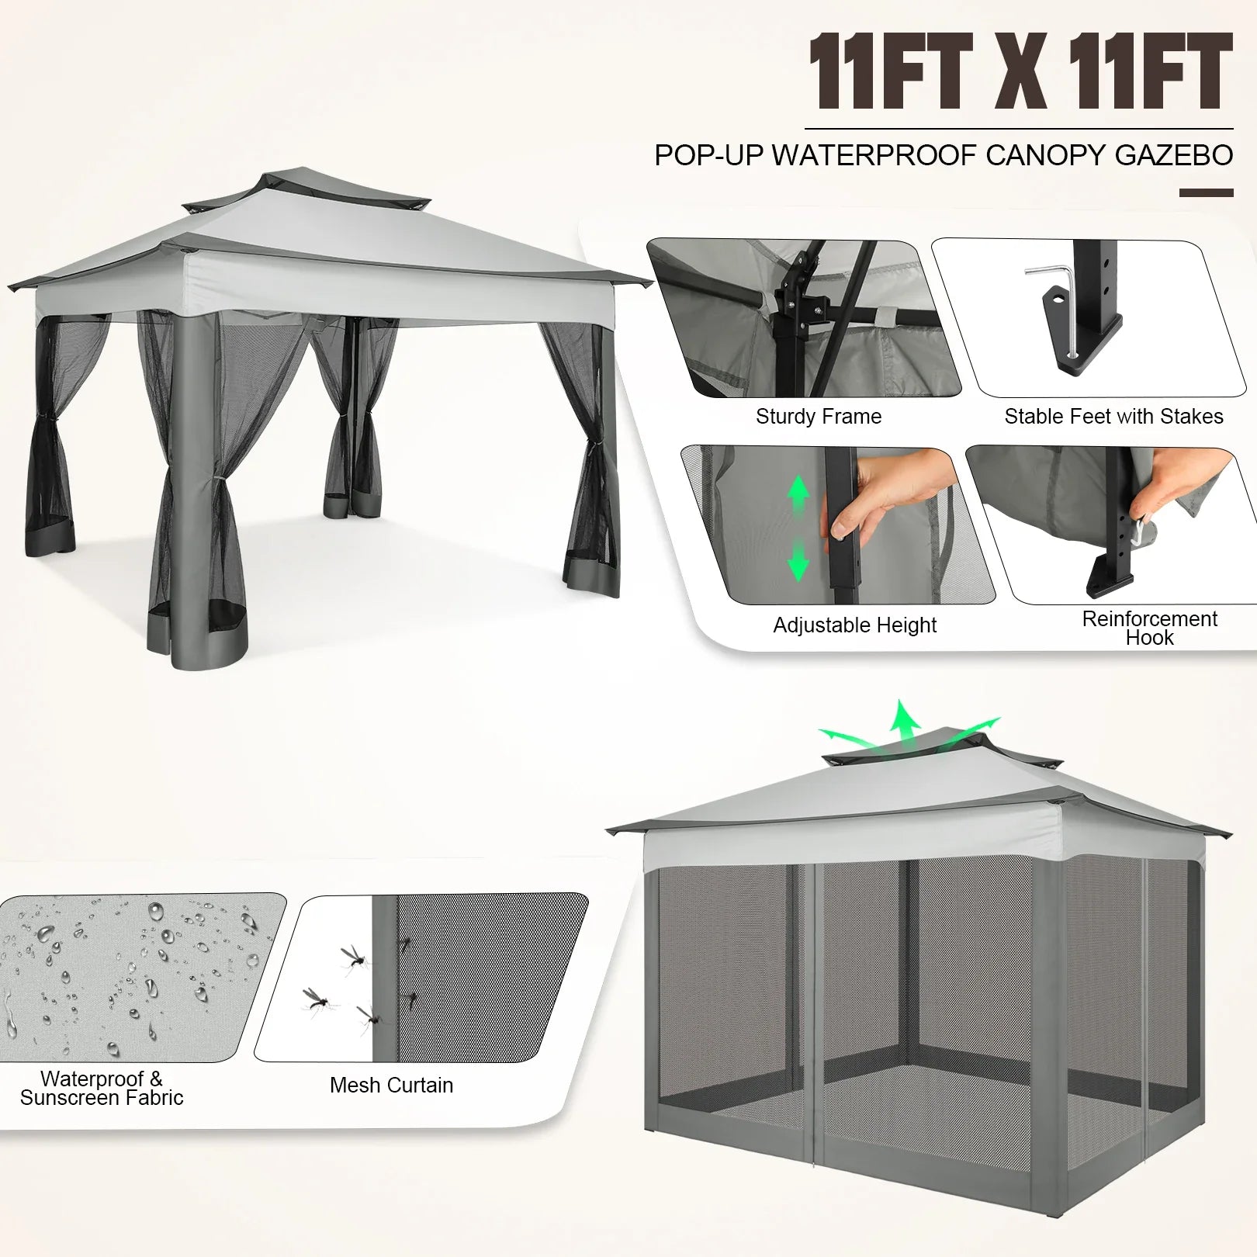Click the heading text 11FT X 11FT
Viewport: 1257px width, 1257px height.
click(1020, 71)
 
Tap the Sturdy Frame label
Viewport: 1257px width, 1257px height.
click(819, 417)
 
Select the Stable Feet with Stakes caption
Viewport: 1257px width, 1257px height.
click(1113, 417)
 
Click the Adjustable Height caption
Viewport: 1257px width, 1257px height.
click(854, 625)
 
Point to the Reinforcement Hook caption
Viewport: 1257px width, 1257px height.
click(1149, 628)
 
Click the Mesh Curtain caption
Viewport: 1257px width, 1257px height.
click(391, 1085)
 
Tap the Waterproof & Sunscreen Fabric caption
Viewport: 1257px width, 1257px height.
click(102, 1088)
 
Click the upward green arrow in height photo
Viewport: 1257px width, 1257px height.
click(798, 492)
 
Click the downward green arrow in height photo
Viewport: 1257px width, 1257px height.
click(798, 563)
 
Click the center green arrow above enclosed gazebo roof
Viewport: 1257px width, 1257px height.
click(903, 722)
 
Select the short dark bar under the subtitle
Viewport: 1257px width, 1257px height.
click(1206, 192)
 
